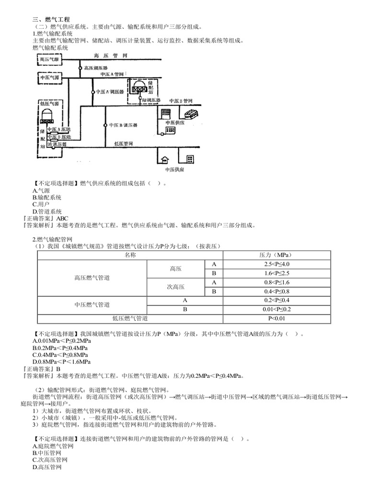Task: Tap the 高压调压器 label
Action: (x=96, y=68)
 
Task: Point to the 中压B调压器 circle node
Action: (x=105, y=125)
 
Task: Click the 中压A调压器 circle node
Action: (x=93, y=92)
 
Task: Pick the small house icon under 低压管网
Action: (x=164, y=160)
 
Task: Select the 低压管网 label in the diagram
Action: (x=124, y=143)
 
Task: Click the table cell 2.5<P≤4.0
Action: (x=276, y=264)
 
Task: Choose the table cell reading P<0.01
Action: (x=276, y=318)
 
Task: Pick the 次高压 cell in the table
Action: (x=175, y=287)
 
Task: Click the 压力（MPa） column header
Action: (x=276, y=255)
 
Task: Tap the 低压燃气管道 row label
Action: (x=130, y=318)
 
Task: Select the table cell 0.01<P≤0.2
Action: (x=276, y=309)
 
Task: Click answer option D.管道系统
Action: (x=47, y=211)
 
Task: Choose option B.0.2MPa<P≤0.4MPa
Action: (x=60, y=348)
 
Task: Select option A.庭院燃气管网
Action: (x=53, y=446)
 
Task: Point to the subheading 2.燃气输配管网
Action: (x=52, y=240)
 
